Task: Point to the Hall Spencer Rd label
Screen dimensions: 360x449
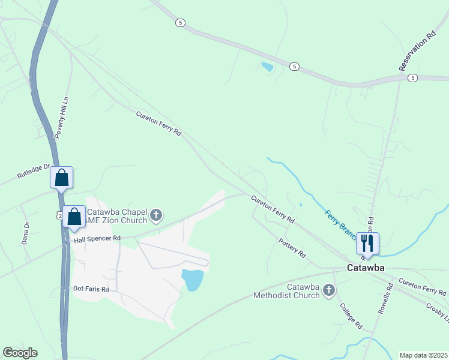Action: coord(97,239)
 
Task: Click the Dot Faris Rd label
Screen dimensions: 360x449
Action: coord(91,289)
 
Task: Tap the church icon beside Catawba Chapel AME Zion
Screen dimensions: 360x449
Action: coord(157,215)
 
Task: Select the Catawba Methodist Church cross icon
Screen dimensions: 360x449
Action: coord(328,291)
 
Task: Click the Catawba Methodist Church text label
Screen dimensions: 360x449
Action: coord(288,291)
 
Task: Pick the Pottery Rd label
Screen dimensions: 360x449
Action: coord(292,248)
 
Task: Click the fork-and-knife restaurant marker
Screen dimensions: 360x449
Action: coord(367,243)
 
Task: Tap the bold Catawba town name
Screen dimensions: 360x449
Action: coord(366,268)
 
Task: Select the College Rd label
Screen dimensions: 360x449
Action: coord(351,316)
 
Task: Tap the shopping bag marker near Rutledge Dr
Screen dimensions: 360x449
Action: coord(61,178)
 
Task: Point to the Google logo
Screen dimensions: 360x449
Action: coord(20,353)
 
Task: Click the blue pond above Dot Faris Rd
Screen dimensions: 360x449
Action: coord(193,280)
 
